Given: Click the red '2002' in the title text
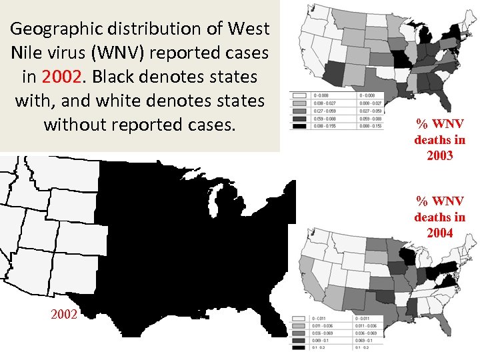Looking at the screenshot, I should pos(61,76).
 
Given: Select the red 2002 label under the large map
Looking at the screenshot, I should pos(64,314).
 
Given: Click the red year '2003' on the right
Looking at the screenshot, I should pos(440,155).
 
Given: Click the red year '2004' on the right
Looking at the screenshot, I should pos(440,233).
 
